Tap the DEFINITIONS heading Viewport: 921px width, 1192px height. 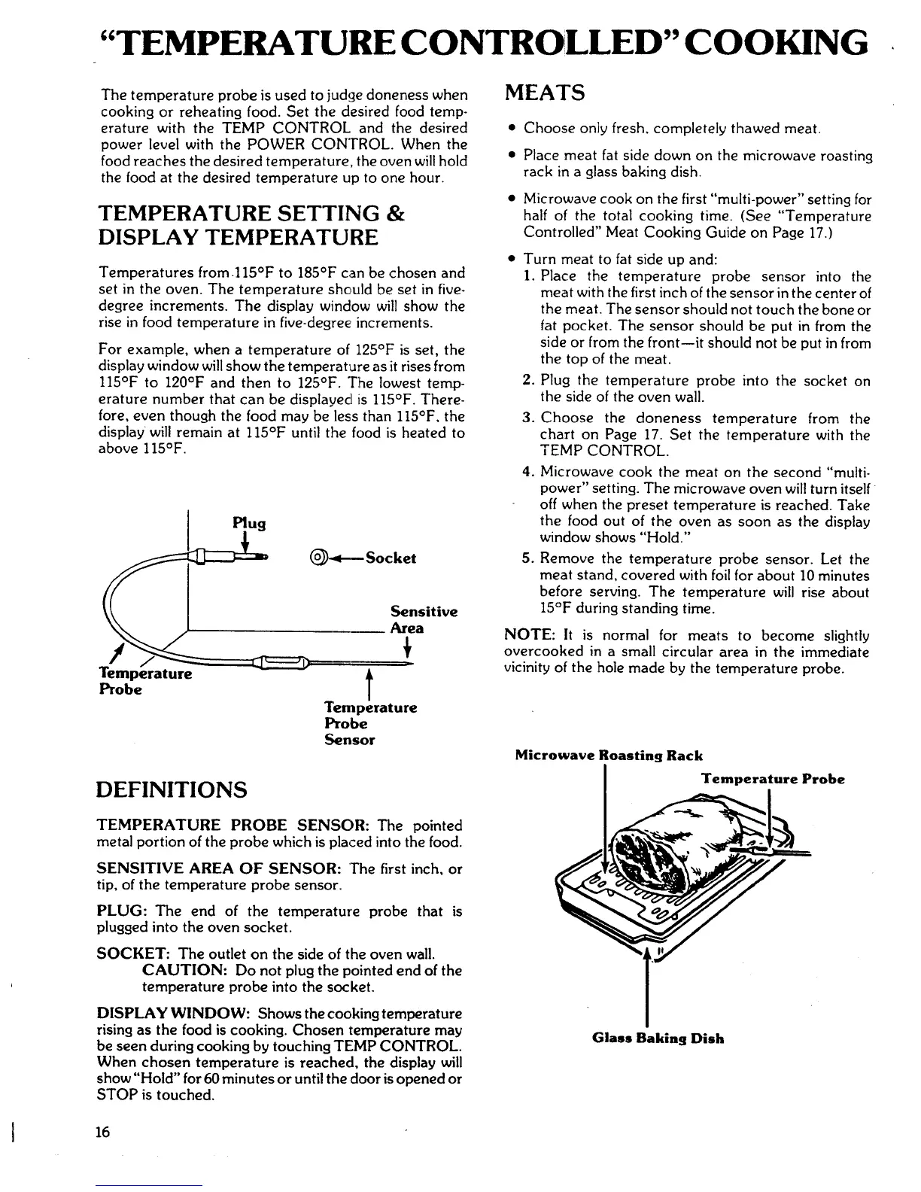click(x=172, y=789)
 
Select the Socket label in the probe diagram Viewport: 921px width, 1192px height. click(x=390, y=558)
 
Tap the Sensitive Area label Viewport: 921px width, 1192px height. click(x=424, y=619)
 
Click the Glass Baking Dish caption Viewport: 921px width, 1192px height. click(x=658, y=1038)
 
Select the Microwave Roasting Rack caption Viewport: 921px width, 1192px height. click(x=609, y=756)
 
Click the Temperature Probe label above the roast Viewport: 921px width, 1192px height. click(x=773, y=779)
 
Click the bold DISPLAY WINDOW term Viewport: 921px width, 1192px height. click(x=158, y=1014)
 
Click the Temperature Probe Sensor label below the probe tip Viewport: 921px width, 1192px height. click(x=370, y=723)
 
